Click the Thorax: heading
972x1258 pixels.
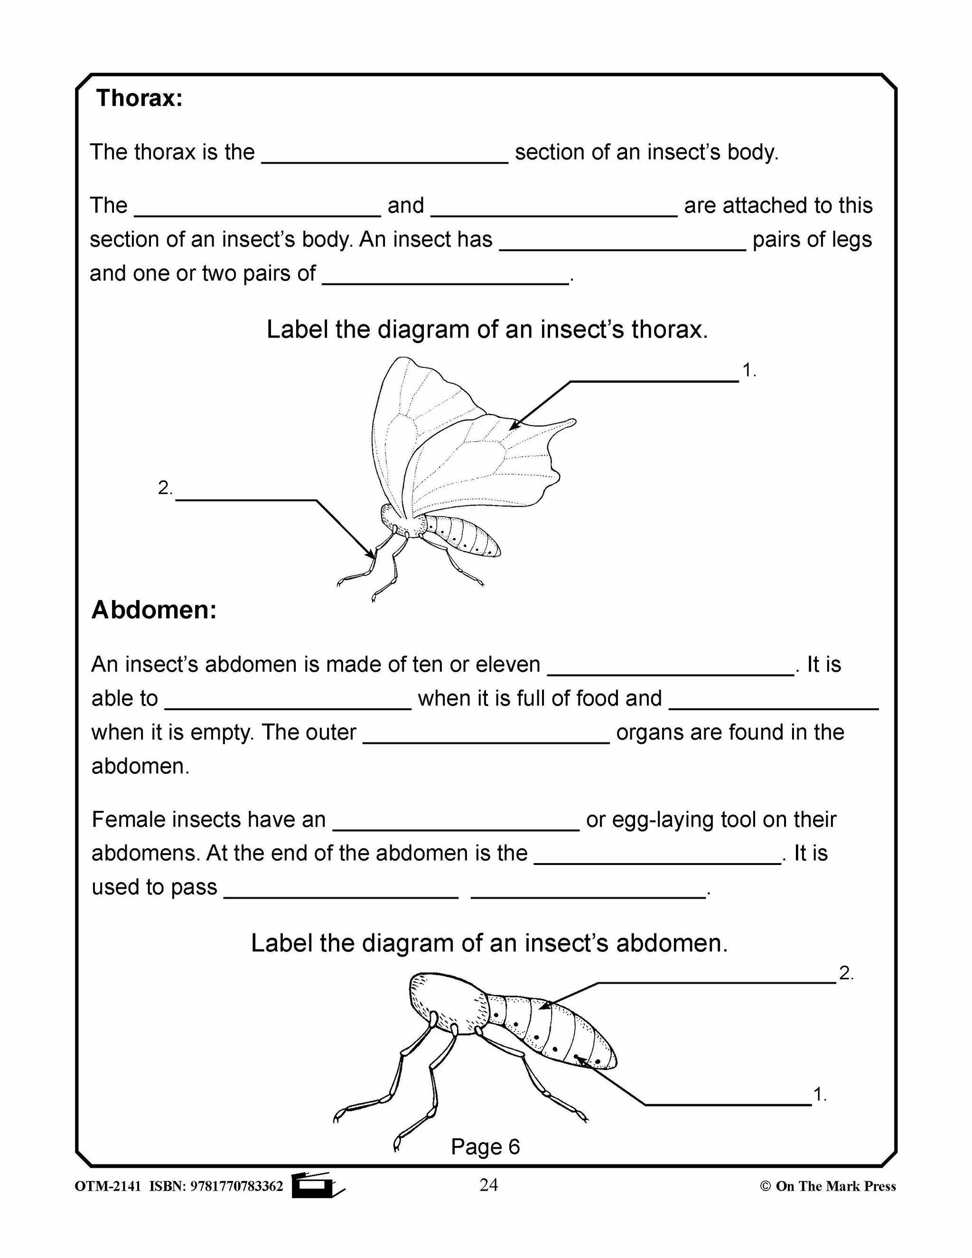[x=139, y=98]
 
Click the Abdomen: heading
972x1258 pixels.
[x=154, y=610]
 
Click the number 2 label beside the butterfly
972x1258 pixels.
[x=165, y=488]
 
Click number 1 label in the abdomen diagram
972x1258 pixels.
[x=819, y=1094]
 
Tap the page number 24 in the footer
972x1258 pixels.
[x=488, y=1185]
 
